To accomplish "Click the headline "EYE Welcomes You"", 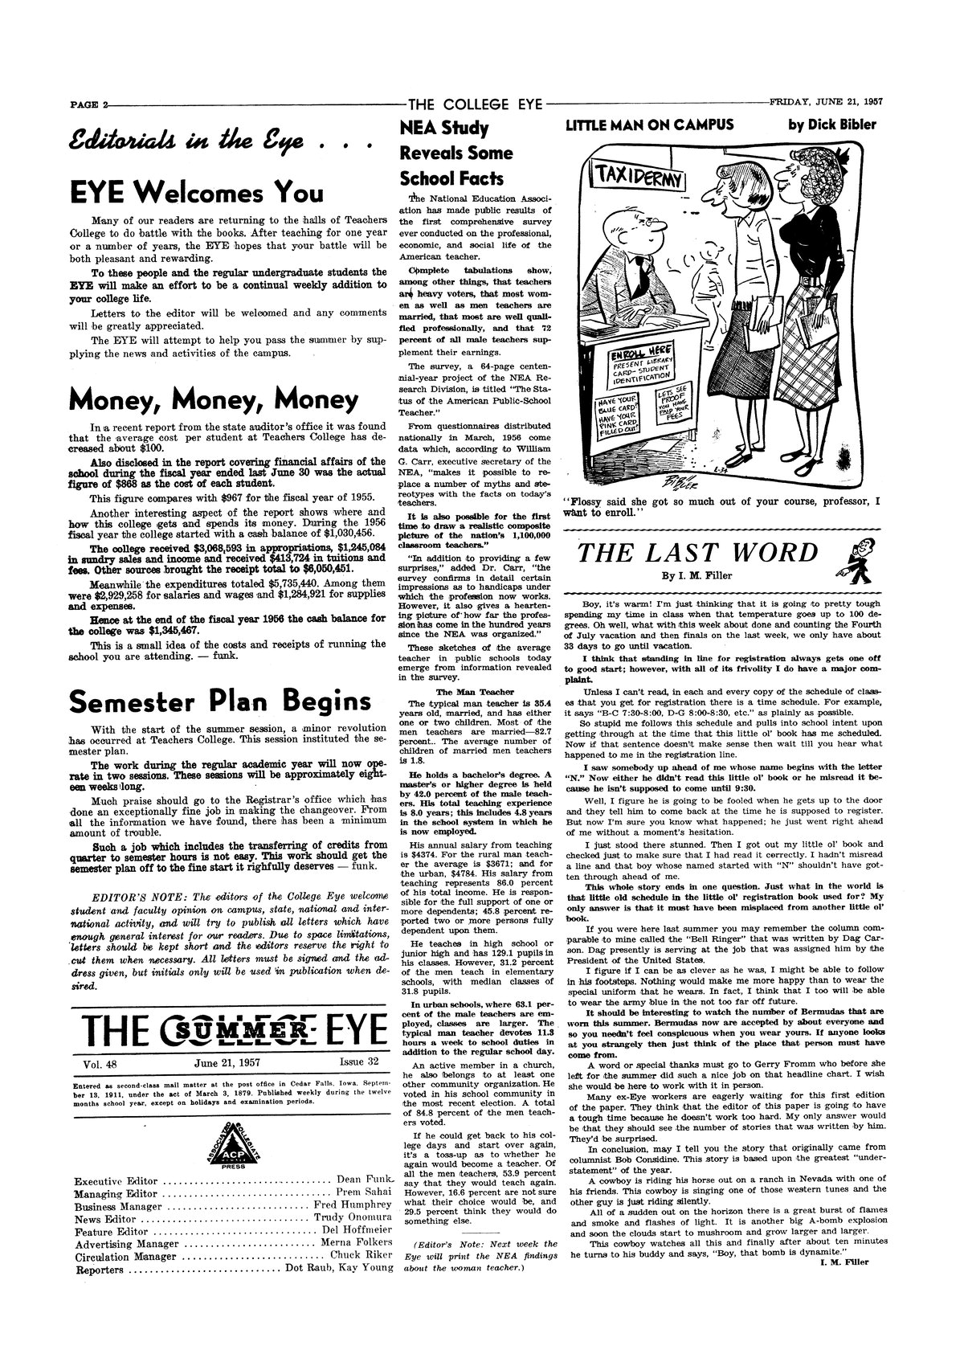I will click(x=197, y=194).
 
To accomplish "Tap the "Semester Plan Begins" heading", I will click(x=219, y=701).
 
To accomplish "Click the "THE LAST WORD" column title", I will click(x=697, y=553).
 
